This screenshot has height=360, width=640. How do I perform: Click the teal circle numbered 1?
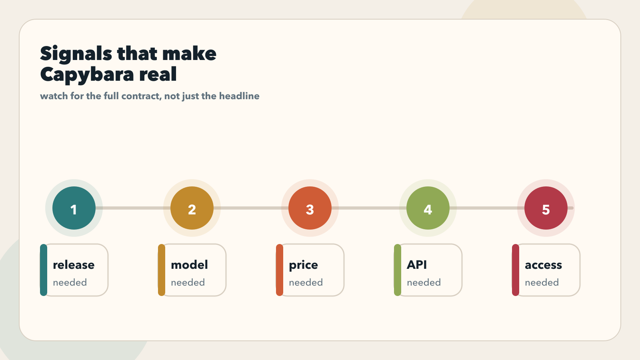74,208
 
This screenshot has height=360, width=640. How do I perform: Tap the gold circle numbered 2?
192,208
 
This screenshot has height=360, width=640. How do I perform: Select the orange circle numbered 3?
310,208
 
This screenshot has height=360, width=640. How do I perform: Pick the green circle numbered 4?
428,208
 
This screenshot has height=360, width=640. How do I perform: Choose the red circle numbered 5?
546,208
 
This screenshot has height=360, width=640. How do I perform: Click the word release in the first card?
74,265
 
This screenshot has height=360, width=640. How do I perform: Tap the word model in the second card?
190,264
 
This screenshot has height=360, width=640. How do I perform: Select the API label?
417,264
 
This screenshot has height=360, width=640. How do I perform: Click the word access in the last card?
544,265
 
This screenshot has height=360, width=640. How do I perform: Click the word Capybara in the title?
87,75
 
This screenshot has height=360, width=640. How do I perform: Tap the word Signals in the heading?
76,54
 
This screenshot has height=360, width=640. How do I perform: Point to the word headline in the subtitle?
239,96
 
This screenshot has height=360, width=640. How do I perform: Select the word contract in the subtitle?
141,96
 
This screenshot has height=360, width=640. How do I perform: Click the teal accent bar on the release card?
44,270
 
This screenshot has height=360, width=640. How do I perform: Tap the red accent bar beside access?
516,270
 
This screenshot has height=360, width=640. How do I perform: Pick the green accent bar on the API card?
398,270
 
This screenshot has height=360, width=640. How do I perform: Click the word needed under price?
306,282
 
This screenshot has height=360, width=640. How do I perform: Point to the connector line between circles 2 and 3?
251,208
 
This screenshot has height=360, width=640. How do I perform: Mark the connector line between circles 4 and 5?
487,208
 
